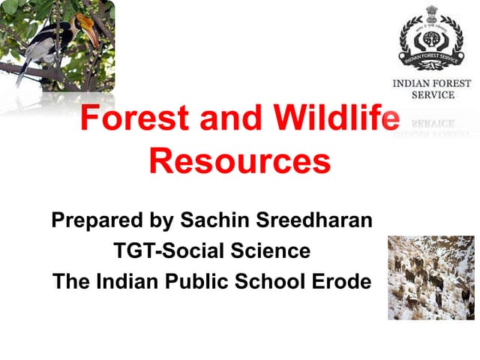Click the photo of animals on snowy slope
tap(430, 277)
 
